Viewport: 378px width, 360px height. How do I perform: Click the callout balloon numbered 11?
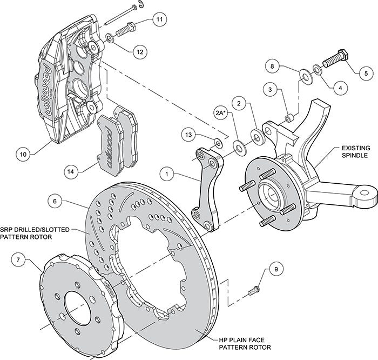[x=159, y=20]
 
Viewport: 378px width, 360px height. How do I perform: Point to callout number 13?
[x=188, y=134]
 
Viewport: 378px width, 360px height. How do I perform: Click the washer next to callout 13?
[x=217, y=143]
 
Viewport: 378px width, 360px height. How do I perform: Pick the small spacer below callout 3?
[x=289, y=116]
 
